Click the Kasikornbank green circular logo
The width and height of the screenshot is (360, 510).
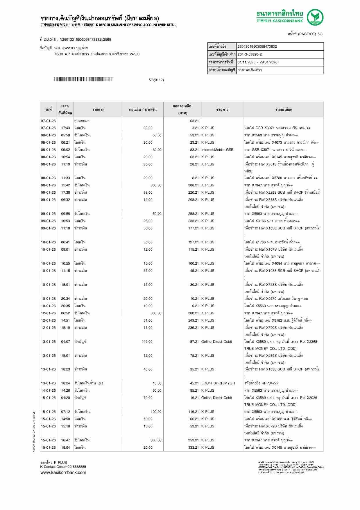pyautogui.click(x=315, y=17)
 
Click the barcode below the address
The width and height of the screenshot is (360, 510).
pyautogui.click(x=83, y=79)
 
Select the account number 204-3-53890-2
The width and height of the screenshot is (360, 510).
pyautogui.click(x=250, y=54)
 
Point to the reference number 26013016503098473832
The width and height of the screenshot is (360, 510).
pyautogui.click(x=257, y=47)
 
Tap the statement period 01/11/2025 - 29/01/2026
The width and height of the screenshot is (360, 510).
pyautogui.click(x=257, y=62)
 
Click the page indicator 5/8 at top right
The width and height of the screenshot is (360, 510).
pyautogui.click(x=320, y=34)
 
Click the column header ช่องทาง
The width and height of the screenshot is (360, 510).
pyautogui.click(x=222, y=110)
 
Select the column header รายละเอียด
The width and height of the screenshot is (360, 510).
pyautogui.click(x=284, y=110)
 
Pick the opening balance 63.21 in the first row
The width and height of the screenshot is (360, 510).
pyautogui.click(x=194, y=121)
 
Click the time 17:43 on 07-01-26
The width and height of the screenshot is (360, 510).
pyautogui.click(x=65, y=128)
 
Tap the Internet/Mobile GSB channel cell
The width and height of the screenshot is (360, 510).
pyautogui.click(x=217, y=150)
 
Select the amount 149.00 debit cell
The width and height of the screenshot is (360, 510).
pyautogui.click(x=147, y=342)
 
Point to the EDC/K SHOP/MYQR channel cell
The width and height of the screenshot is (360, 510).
pyautogui.click(x=218, y=383)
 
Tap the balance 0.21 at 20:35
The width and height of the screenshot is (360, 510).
pyautogui.click(x=195, y=306)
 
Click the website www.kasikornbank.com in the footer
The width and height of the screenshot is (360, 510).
pyautogui.click(x=63, y=472)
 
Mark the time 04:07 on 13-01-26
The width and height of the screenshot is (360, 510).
pyautogui.click(x=65, y=342)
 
